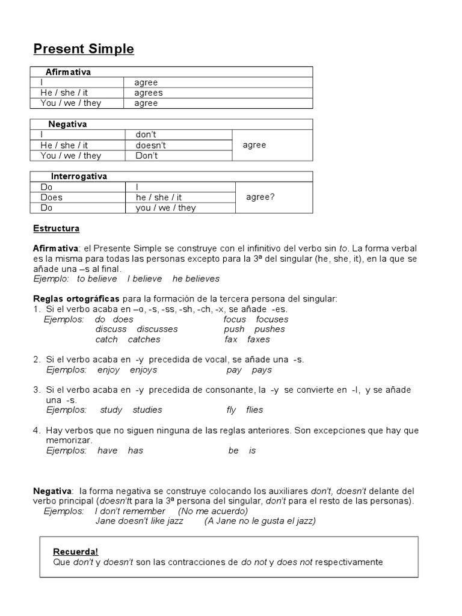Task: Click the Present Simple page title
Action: (84, 49)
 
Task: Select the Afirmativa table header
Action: (68, 72)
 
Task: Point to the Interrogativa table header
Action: (79, 176)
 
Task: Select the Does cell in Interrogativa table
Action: (51, 197)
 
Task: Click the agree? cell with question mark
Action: (260, 197)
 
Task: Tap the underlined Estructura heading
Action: (56, 229)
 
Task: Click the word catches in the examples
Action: (144, 339)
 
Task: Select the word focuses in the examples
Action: (272, 319)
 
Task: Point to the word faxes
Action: (259, 339)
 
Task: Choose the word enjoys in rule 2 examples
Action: (143, 370)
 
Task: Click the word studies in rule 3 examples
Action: (147, 410)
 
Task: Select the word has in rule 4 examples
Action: (135, 450)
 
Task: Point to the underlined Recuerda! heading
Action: (76, 552)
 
